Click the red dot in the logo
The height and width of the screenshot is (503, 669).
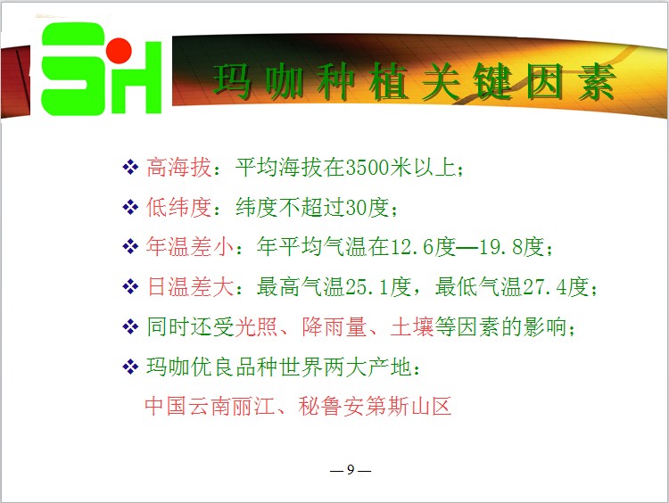119,50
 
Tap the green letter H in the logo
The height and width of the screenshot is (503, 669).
136,78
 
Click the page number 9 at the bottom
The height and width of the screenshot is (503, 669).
351,469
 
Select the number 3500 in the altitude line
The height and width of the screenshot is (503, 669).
367,168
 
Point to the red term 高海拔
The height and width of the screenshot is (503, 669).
178,168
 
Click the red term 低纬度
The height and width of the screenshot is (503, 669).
178,207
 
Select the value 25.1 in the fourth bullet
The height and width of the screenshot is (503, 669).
367,287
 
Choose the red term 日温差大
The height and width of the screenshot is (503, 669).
190,286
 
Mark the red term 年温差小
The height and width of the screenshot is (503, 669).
190,246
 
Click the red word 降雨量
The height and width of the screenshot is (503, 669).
334,326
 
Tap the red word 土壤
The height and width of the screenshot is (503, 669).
412,326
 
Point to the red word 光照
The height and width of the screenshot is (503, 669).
256,326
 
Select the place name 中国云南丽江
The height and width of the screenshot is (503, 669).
210,406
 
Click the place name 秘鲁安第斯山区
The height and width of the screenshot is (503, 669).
375,406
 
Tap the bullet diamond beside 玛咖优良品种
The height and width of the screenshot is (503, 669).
130,367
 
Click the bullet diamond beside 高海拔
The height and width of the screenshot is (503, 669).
130,167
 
